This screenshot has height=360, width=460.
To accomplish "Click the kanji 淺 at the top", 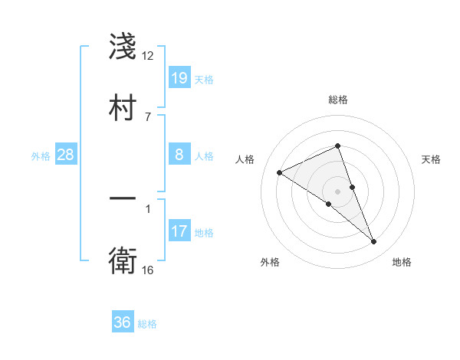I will (123, 47).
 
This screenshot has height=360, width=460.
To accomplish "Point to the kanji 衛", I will (123, 261).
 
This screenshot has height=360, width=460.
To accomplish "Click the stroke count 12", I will (148, 56).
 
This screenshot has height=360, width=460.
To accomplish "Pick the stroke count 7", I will (147, 116).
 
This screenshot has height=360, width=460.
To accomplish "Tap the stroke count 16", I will (148, 270).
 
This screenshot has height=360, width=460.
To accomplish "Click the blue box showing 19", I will (179, 78).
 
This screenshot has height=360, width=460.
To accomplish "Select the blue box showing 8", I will (179, 155).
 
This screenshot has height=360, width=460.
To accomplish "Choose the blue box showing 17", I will (179, 231).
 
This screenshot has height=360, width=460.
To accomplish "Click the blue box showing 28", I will (66, 155).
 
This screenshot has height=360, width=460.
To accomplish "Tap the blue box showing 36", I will (123, 322).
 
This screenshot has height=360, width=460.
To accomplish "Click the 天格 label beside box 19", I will (204, 80).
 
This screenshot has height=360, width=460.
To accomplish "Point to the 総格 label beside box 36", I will (147, 324).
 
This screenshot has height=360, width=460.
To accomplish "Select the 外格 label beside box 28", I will (41, 156).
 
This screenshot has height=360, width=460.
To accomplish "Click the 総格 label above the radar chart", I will (338, 100).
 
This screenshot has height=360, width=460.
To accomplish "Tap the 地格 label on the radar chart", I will (402, 262).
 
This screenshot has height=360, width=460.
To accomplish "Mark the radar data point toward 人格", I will (280, 173).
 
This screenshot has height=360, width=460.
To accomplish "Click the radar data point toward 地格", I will (374, 242).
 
